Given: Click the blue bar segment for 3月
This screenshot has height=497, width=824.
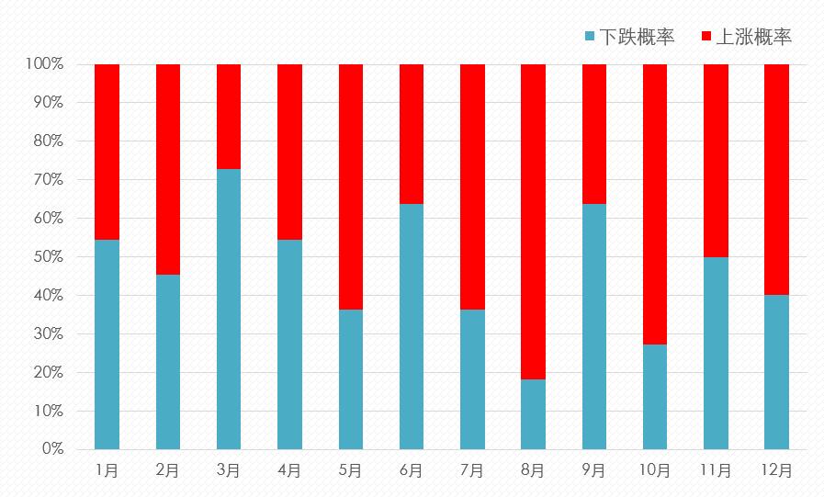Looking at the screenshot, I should [x=229, y=309].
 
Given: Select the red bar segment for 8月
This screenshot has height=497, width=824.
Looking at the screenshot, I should [x=533, y=221].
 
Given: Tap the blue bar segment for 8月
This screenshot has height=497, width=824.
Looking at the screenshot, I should [x=533, y=413].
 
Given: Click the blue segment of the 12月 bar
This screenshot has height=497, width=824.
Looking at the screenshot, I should [x=776, y=371].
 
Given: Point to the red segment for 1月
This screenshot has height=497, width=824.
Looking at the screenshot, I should [x=107, y=152].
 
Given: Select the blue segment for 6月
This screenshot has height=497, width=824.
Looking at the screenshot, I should [x=412, y=326].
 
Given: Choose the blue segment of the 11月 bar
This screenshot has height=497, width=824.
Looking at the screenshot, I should [x=716, y=353].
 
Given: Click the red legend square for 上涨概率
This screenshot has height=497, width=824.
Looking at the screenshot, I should [x=706, y=37].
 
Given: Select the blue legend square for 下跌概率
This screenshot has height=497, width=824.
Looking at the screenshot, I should [x=590, y=37].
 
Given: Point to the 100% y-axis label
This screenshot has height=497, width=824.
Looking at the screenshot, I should [x=44, y=64].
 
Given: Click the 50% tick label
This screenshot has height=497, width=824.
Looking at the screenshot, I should [x=48, y=257].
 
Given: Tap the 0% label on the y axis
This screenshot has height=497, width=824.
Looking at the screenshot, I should [x=51, y=449].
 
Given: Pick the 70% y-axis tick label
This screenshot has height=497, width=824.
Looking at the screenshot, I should [x=48, y=180].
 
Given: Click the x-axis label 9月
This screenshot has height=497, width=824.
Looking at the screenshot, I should [x=593, y=470].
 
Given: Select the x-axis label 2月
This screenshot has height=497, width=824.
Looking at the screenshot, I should [x=167, y=470].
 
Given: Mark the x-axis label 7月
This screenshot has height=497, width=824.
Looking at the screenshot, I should [x=472, y=470].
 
